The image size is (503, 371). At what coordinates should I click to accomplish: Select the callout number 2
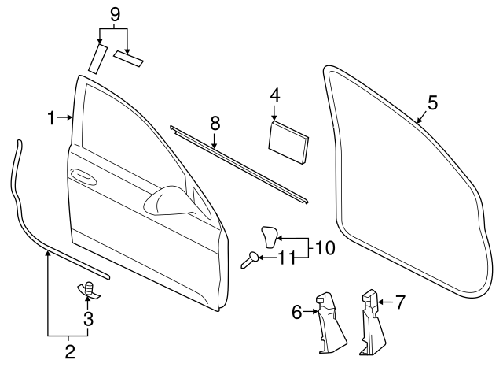click(70, 351)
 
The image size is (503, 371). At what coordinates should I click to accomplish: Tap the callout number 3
click(89, 318)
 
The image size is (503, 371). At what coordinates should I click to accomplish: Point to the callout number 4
click(274, 96)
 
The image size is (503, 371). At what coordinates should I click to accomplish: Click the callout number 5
click(432, 102)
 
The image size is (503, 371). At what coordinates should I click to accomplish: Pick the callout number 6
click(297, 312)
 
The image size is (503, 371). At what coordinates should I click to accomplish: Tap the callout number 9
click(115, 13)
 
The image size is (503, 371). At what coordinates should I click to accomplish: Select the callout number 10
click(325, 247)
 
